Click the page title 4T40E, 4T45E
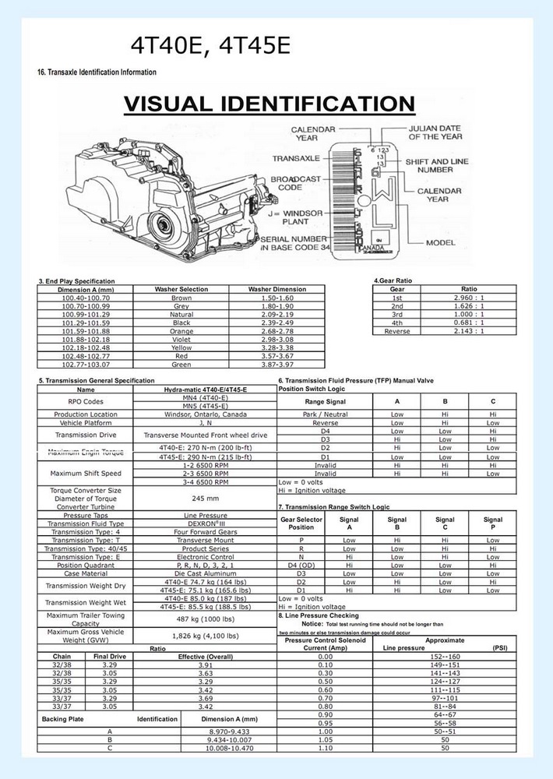pos(210,47)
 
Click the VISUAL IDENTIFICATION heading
pos(269,104)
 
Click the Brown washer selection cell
pos(181,298)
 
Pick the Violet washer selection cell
pos(181,339)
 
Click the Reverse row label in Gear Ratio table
pos(397,331)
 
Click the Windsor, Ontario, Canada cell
pos(206,414)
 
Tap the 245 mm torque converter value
pos(206,498)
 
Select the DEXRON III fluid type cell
pos(206,524)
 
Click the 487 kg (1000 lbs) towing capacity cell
pos(206,619)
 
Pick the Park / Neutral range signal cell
pos(326,414)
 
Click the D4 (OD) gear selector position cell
pos(301,565)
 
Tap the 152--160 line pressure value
pos(446,657)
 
